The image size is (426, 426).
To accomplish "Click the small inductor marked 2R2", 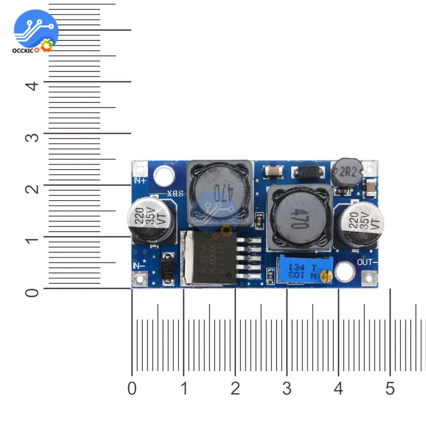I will [346, 172].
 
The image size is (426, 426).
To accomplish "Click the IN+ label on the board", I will [140, 180].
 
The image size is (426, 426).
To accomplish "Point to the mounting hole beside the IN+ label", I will [164, 175].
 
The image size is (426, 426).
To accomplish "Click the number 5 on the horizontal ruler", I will [390, 389].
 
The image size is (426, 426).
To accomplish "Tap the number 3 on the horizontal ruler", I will [287, 389].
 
